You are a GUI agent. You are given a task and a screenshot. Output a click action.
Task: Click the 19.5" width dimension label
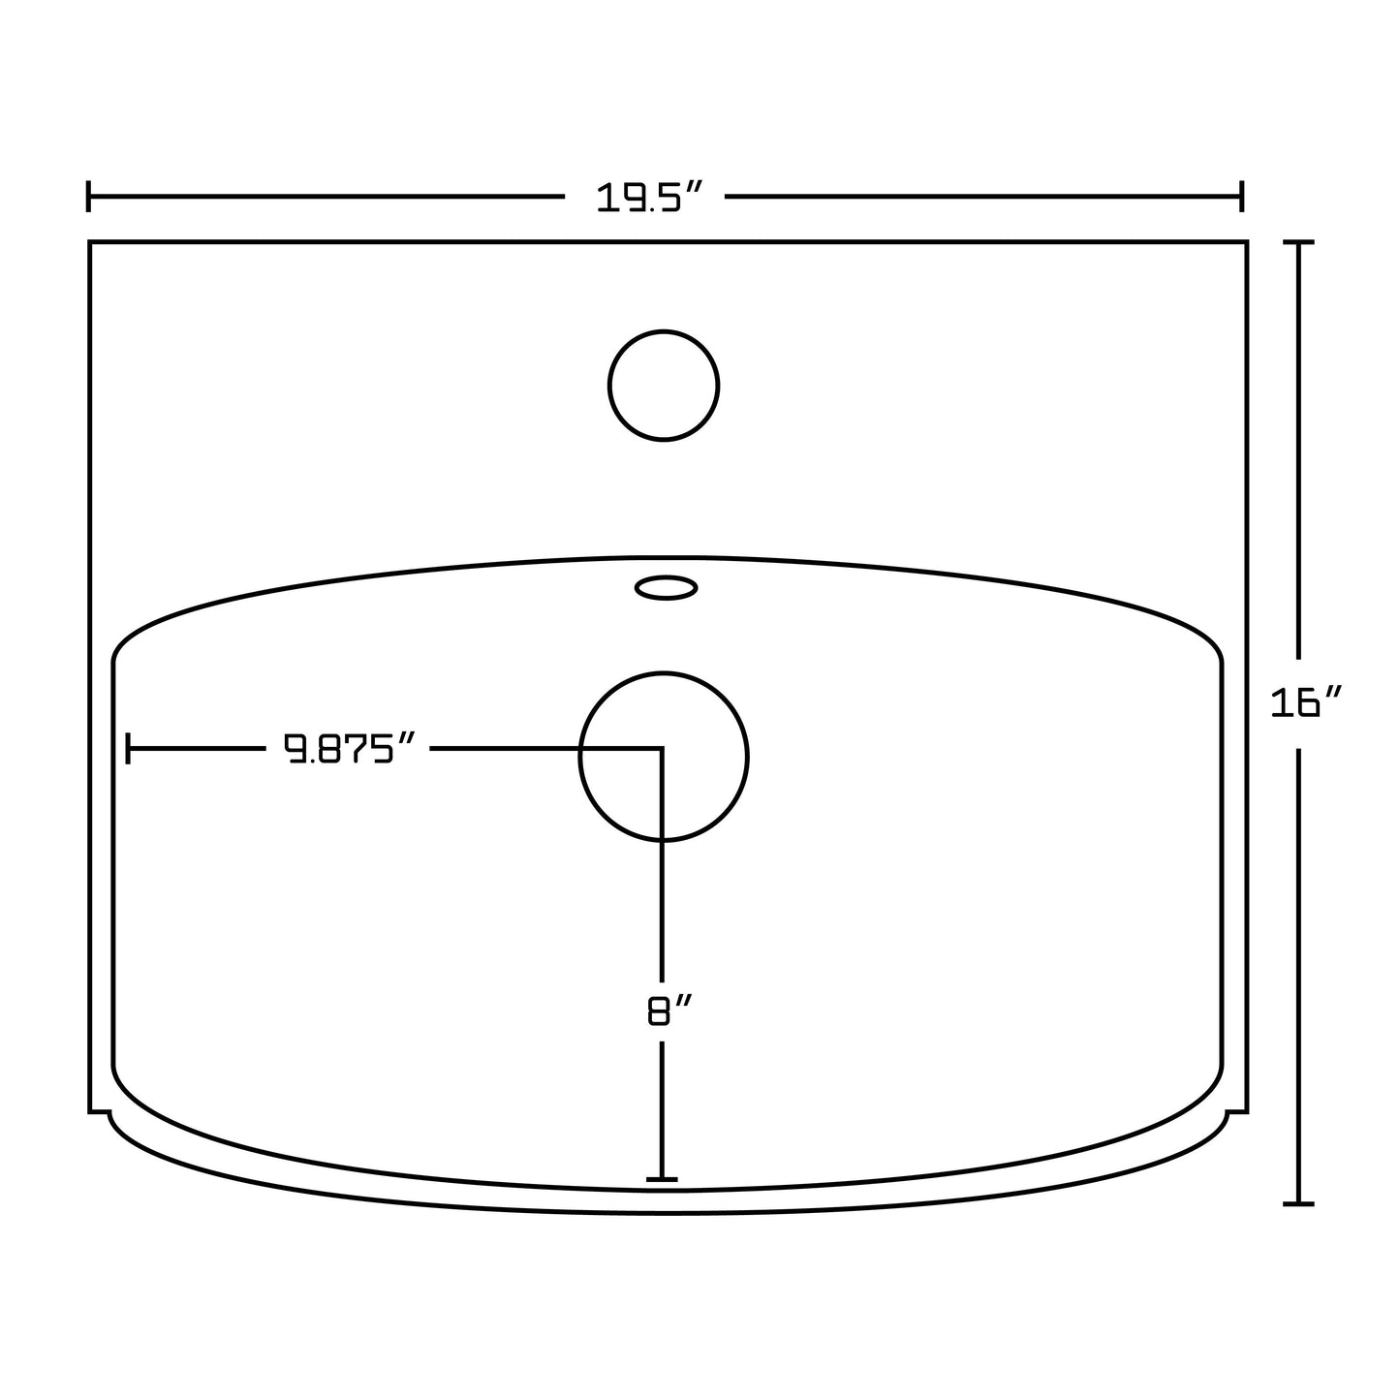point(646,198)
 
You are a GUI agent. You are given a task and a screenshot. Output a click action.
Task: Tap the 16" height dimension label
point(1307,702)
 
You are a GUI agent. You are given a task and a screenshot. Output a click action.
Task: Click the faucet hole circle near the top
point(664,386)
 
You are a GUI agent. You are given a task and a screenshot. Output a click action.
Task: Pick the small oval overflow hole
point(666,587)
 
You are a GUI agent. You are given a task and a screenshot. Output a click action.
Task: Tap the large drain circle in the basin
point(664,756)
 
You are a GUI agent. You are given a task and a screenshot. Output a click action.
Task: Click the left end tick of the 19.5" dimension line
point(89,196)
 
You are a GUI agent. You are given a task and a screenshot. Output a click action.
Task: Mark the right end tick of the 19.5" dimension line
point(1241,196)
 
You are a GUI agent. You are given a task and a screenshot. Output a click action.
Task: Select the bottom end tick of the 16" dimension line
point(1298,1203)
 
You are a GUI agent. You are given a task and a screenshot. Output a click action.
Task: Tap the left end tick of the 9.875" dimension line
point(129,748)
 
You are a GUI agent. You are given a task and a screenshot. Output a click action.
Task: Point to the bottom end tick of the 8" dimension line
point(662,1179)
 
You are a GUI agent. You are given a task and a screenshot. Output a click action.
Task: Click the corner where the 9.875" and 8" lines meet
point(662,748)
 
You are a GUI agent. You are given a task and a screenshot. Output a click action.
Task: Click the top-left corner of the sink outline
point(90,241)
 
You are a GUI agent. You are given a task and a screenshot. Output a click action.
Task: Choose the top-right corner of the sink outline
point(1246,241)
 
